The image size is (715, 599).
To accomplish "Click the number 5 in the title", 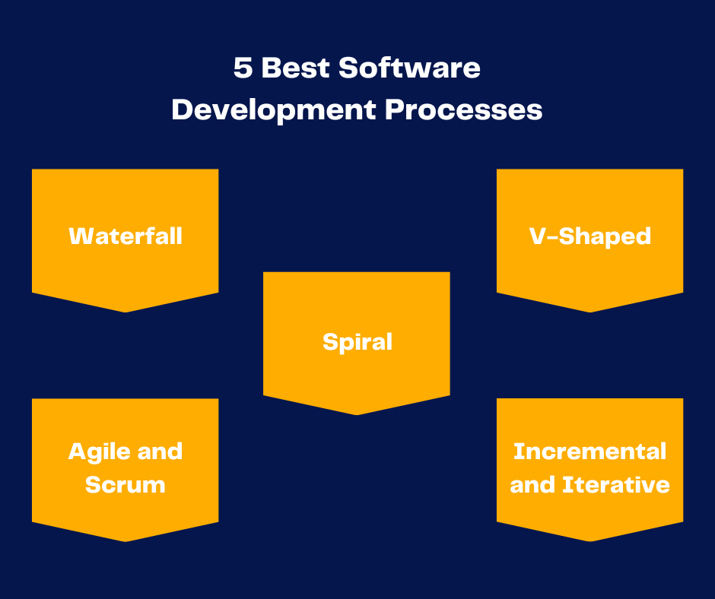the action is [x=243, y=68].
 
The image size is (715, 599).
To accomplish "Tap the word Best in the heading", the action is [x=295, y=68].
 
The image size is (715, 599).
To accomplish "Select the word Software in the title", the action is [x=409, y=68].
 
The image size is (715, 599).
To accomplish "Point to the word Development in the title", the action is [x=274, y=111].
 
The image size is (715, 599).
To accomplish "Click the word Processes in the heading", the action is [x=464, y=110].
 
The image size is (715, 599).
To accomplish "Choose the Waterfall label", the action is [x=126, y=236].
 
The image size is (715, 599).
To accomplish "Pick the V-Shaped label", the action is [x=590, y=237].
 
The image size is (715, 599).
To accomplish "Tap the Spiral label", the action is [x=357, y=342].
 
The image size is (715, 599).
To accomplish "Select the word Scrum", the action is [x=126, y=484].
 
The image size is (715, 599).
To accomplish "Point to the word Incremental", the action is [x=590, y=452].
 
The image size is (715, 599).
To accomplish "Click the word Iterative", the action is [x=617, y=484].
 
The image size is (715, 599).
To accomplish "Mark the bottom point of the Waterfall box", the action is [x=126, y=312].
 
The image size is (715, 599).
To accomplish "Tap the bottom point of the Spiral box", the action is [x=357, y=415].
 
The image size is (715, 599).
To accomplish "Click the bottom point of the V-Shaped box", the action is [x=590, y=312].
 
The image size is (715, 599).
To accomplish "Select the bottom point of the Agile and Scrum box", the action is [x=126, y=541].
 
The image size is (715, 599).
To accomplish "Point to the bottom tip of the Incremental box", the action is [x=590, y=541].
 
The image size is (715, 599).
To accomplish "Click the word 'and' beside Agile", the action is [x=160, y=452].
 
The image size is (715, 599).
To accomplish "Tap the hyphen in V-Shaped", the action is [x=551, y=237].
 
